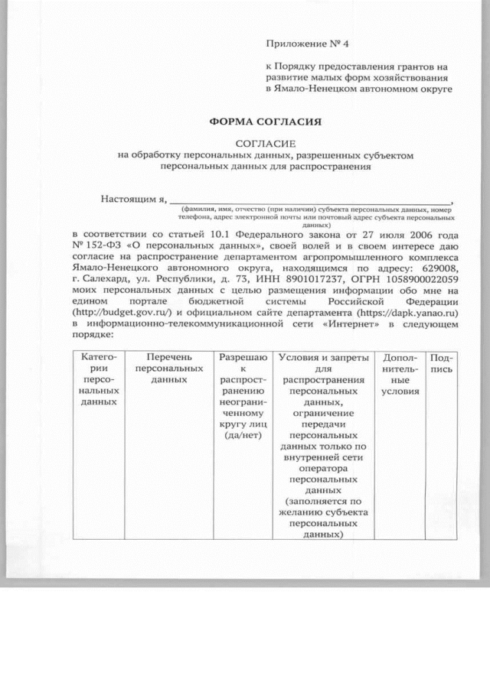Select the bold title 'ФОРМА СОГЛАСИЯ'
(265, 122)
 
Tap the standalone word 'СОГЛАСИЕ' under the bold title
(265, 143)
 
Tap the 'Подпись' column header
(442, 363)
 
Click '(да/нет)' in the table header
(243, 435)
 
